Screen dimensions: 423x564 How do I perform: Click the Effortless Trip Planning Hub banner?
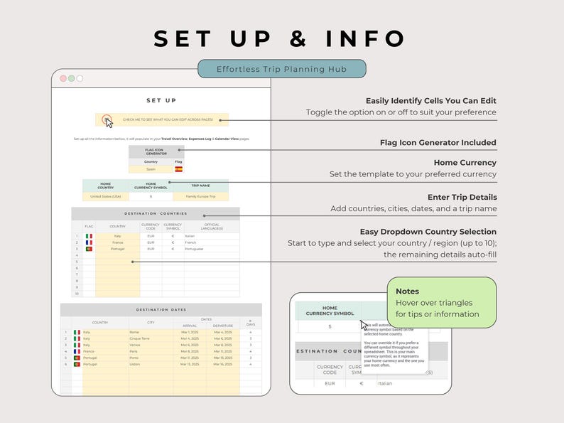pyautogui.click(x=282, y=68)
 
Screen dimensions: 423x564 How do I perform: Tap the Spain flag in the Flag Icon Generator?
pyautogui.click(x=178, y=169)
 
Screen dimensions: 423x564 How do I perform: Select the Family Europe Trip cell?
pyautogui.click(x=200, y=196)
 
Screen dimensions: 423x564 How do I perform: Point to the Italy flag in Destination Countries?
pyautogui.click(x=89, y=236)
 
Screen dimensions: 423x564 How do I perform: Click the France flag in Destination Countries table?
pyautogui.click(x=89, y=242)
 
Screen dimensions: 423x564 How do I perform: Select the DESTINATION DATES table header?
pyautogui.click(x=161, y=309)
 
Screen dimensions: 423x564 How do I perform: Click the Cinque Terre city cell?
pyautogui.click(x=139, y=338)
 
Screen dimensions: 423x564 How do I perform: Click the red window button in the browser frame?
pyautogui.click(x=63, y=78)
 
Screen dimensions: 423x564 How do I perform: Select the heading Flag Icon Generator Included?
pyautogui.click(x=438, y=143)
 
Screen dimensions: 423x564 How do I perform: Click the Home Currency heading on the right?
pyautogui.click(x=465, y=163)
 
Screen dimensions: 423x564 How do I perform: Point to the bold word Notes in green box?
pyautogui.click(x=408, y=291)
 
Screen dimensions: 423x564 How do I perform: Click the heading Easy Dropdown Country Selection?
pyautogui.click(x=428, y=232)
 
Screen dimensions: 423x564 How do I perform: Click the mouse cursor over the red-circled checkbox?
pyautogui.click(x=109, y=122)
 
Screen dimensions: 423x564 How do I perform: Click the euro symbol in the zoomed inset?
pyautogui.click(x=361, y=383)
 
